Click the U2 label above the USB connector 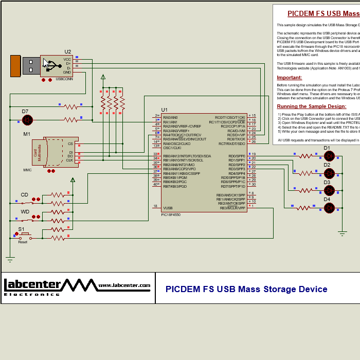coord(68,51)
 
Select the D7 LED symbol coord(28,120)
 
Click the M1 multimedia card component coord(58,152)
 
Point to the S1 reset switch coord(24,235)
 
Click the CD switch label coord(24,195)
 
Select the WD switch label coord(25,211)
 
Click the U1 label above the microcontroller coord(164,110)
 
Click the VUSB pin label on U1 coord(168,208)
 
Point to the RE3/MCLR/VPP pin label coord(232,208)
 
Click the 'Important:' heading coord(290,78)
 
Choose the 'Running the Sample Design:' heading coord(312,106)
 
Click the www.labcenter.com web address coord(124,285)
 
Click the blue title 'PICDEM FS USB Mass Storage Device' coord(246,289)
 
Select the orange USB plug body coord(15,66)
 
